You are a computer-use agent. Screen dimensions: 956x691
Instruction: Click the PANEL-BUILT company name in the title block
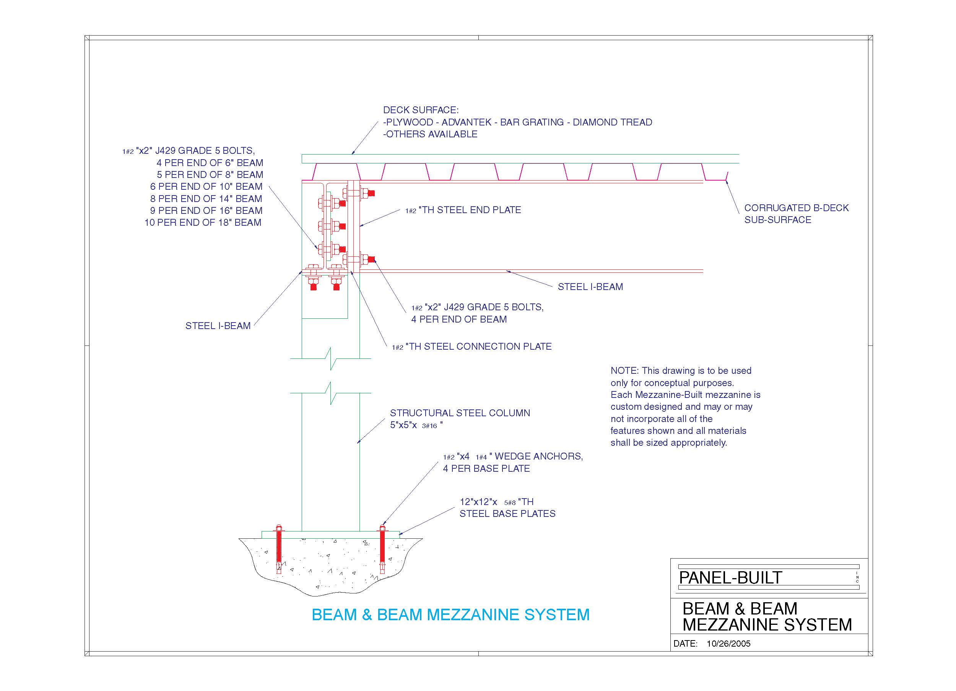pos(730,577)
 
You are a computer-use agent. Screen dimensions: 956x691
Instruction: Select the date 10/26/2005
pos(728,643)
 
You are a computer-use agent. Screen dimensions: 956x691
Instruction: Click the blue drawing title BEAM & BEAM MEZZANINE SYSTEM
pos(450,614)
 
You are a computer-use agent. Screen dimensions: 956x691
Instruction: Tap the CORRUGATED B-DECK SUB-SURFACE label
pos(796,214)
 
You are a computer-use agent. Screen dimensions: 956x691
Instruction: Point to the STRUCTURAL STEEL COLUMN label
pos(460,413)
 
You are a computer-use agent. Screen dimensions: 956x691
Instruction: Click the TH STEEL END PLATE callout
pos(463,210)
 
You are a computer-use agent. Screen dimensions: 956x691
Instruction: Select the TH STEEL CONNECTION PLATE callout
pos(471,346)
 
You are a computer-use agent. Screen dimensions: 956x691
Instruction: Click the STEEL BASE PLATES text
pos(507,514)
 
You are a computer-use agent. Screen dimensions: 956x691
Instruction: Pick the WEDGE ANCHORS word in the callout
pos(539,456)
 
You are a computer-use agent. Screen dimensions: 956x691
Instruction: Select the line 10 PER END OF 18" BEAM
pos(203,223)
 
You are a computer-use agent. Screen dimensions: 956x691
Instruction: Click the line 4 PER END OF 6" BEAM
pos(210,163)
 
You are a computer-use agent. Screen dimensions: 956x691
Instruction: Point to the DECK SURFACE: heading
pos(421,110)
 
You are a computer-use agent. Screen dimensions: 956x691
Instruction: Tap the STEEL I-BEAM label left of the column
pos(218,326)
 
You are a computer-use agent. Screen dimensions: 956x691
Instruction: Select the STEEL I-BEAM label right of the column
pos(590,287)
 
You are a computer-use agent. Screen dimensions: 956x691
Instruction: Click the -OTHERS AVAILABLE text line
pos(430,134)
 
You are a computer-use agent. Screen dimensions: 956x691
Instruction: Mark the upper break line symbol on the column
pos(331,359)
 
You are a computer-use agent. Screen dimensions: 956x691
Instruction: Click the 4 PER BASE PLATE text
pos(486,469)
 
